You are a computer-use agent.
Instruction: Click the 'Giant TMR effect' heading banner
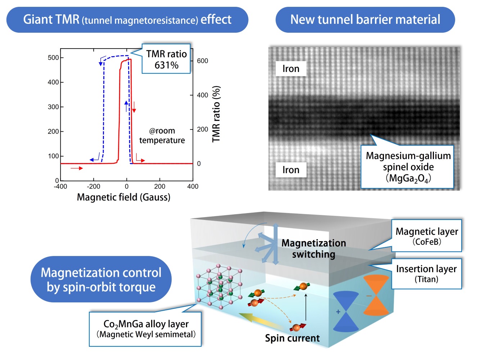click(127, 19)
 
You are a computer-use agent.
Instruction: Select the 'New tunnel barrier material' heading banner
click(365, 19)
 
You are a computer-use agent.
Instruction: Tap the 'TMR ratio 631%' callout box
click(166, 59)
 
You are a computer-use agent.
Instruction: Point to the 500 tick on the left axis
click(53, 58)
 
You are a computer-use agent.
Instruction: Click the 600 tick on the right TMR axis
click(202, 61)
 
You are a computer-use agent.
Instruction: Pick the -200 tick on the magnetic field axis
click(94, 186)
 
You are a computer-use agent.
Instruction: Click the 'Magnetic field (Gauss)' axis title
click(123, 197)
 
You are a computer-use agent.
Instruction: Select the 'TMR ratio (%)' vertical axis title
click(216, 114)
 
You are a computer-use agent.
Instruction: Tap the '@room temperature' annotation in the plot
click(162, 136)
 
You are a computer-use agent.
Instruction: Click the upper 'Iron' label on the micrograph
click(291, 69)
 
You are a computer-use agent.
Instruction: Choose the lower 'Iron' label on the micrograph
click(291, 170)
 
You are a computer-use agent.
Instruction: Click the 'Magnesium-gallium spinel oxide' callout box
click(408, 167)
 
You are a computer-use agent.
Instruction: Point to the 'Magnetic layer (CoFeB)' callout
click(426, 236)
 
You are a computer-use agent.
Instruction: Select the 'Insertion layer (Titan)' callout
click(426, 274)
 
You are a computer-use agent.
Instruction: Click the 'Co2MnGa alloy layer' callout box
click(145, 329)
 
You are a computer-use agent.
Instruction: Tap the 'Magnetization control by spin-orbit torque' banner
click(101, 279)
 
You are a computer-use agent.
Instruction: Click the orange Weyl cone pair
click(376, 294)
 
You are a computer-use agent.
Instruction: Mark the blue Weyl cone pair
click(346, 311)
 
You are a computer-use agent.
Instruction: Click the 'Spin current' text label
click(292, 338)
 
